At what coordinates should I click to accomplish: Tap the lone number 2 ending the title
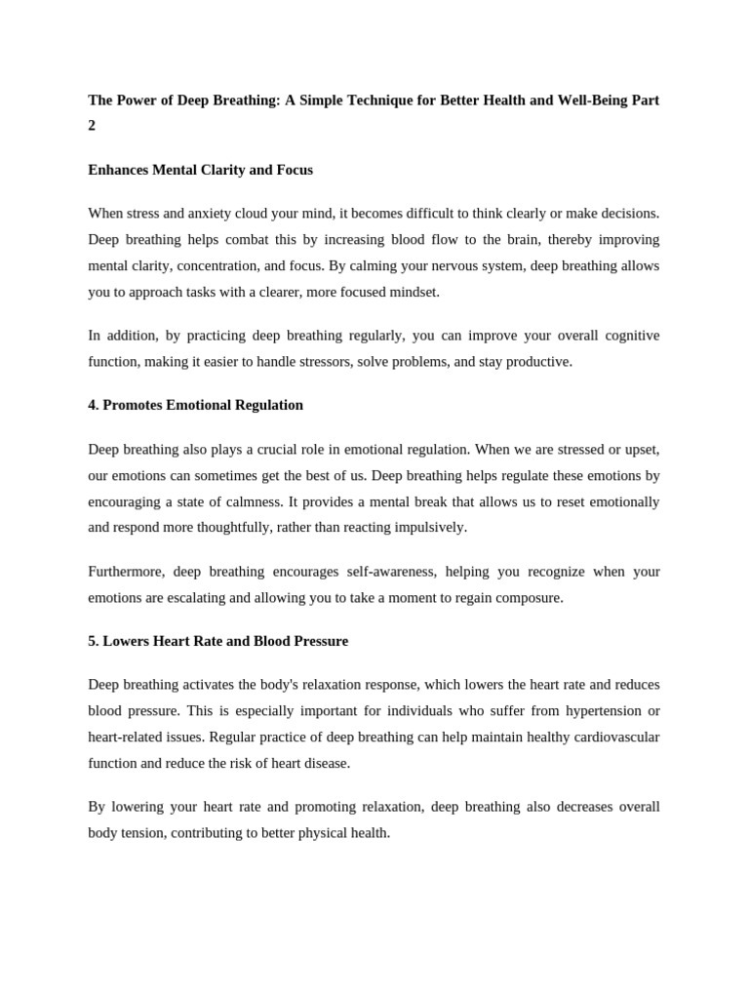click(92, 126)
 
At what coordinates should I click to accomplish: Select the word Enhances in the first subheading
click(117, 170)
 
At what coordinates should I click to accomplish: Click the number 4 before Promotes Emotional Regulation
click(92, 405)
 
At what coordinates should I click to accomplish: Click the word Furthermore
click(124, 571)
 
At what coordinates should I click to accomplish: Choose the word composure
click(531, 597)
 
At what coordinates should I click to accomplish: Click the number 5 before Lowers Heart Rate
click(92, 641)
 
